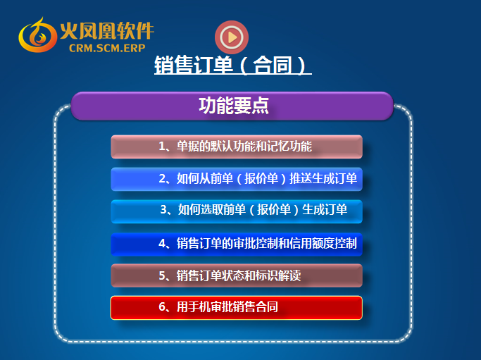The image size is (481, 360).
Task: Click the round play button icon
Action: tap(232, 37)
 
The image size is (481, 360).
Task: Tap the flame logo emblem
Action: tap(38, 36)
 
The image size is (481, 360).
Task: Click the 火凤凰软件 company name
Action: tap(107, 31)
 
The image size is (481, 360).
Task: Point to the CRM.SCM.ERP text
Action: tap(107, 48)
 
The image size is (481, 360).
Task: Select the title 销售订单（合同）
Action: tap(233, 65)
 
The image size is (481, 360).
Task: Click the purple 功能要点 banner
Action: tap(232, 106)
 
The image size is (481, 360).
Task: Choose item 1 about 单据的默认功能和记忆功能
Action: tap(237, 147)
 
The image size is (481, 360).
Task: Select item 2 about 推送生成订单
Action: tap(237, 179)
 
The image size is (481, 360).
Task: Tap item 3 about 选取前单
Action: tap(237, 211)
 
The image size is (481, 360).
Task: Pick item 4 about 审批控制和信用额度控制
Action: tap(237, 244)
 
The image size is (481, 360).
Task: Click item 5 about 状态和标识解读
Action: tap(237, 275)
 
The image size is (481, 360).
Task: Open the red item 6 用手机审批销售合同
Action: tap(237, 308)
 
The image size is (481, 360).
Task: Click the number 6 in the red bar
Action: tap(162, 307)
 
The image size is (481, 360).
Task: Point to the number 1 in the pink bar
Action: tap(162, 146)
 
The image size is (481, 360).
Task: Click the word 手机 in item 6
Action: tap(194, 307)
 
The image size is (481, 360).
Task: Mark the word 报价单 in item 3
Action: tap(274, 210)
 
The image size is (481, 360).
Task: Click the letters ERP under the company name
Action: tap(135, 48)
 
